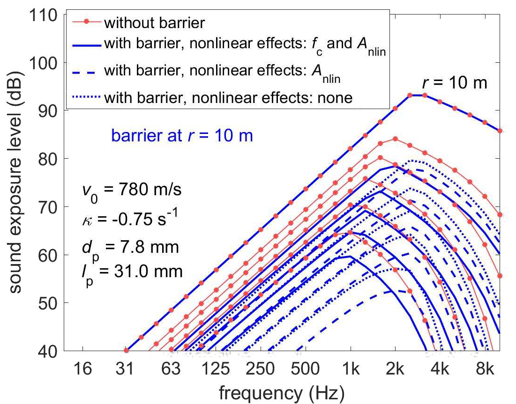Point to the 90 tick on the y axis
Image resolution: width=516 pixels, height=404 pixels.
pos(47,111)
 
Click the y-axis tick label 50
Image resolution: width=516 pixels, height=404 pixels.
pos(47,303)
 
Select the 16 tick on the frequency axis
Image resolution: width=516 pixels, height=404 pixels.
pos(83,370)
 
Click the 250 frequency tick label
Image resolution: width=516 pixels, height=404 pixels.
pos(261,370)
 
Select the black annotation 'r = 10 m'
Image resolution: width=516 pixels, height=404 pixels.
pos(453,83)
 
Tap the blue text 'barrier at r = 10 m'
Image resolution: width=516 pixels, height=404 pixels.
pos(182,136)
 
